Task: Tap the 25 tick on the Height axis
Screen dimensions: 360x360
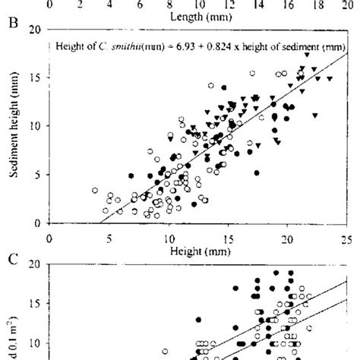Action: (346, 237)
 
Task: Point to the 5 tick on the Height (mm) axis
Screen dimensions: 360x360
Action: (109, 237)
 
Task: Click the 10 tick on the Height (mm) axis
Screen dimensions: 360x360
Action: (168, 237)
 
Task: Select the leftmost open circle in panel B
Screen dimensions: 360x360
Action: (95, 191)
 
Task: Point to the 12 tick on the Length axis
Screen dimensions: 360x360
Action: (227, 4)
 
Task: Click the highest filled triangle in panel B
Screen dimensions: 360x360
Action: (306, 55)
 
